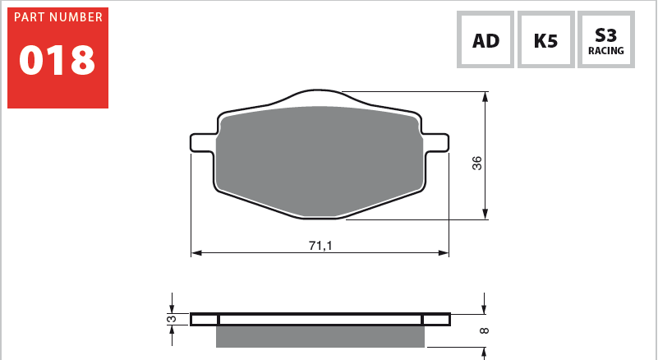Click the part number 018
tap(58, 60)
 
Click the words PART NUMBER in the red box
tap(58, 17)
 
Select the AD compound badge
tap(485, 40)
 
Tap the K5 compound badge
tap(545, 40)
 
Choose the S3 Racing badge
tap(605, 40)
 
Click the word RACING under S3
tap(605, 51)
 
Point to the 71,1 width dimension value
tap(320, 246)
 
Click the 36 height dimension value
tap(477, 163)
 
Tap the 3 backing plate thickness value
tap(171, 319)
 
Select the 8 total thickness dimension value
tap(484, 331)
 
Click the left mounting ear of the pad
tap(202, 142)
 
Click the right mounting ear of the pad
tap(438, 142)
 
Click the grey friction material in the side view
tap(320, 336)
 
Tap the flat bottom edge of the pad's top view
tap(320, 217)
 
